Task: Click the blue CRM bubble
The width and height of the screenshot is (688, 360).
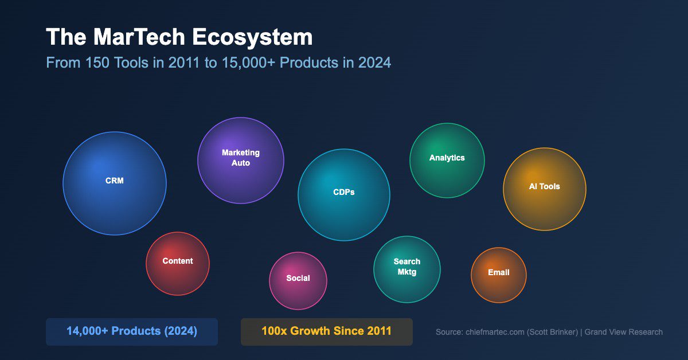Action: click(x=115, y=183)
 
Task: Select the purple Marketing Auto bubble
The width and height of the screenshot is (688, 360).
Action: click(x=241, y=161)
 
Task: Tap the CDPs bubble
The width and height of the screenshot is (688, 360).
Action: click(x=344, y=195)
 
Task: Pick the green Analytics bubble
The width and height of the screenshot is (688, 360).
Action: click(x=447, y=161)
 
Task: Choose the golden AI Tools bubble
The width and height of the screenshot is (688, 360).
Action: click(x=545, y=189)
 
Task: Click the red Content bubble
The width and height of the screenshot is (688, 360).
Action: click(x=178, y=264)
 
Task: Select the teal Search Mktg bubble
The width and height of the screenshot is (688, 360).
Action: click(x=407, y=269)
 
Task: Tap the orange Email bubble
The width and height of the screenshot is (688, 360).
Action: click(x=499, y=275)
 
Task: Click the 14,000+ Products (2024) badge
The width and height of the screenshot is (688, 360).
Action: click(x=132, y=331)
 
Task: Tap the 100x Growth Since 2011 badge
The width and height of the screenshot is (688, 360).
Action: click(x=326, y=331)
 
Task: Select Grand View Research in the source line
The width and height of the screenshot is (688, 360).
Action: click(x=623, y=332)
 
